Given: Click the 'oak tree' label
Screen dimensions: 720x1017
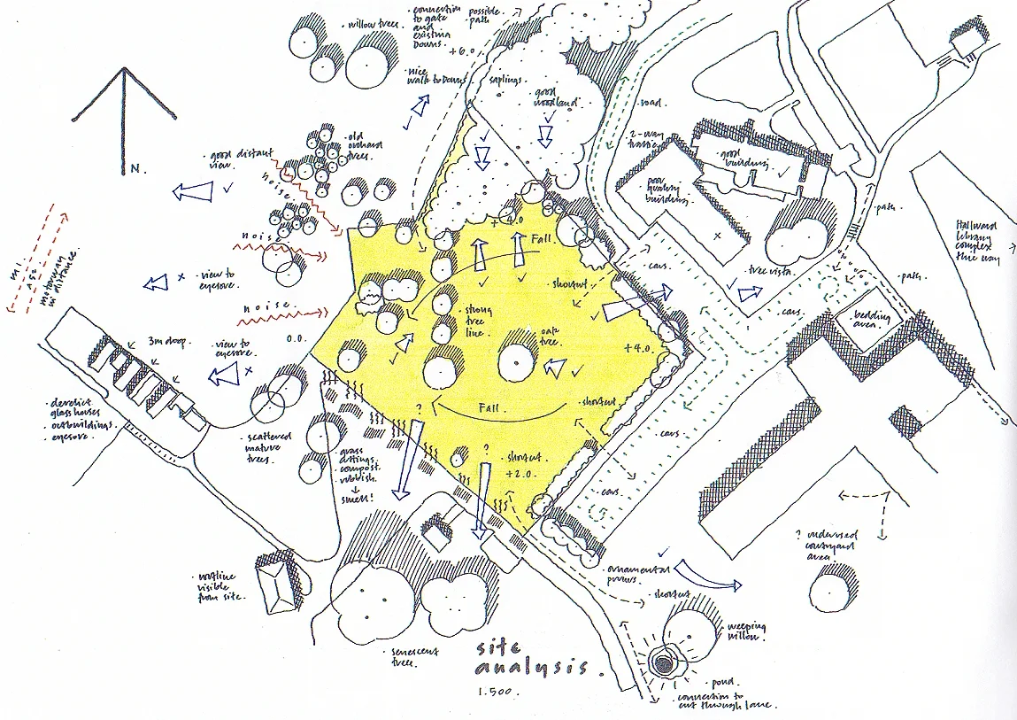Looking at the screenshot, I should click(x=551, y=337).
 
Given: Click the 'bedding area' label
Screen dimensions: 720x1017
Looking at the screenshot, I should click(x=867, y=319).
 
